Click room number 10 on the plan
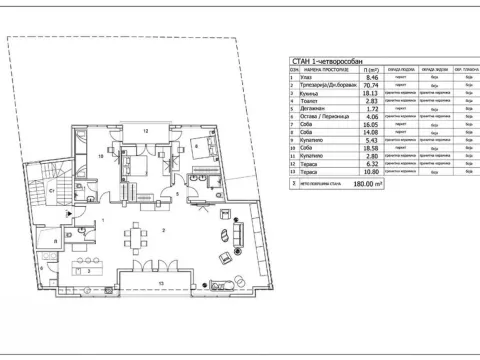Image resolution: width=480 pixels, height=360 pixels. [x=100, y=156]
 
